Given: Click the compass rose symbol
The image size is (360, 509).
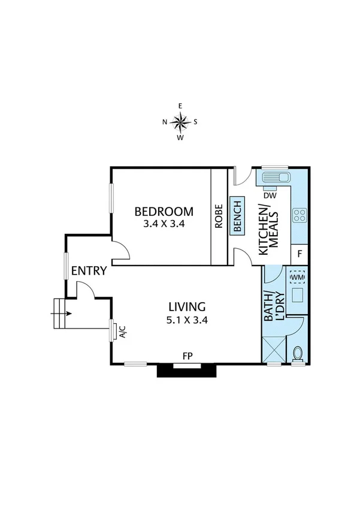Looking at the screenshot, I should (x=180, y=121).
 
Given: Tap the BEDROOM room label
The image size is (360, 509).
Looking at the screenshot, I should (x=164, y=212).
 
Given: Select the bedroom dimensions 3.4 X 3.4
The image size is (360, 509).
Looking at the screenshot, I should (x=164, y=225).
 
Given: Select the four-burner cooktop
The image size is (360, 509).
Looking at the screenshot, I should (x=300, y=215).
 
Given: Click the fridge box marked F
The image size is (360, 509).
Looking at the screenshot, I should (x=300, y=254).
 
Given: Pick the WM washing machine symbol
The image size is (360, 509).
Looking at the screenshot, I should (x=298, y=278).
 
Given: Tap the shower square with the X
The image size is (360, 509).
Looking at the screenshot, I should (x=274, y=348).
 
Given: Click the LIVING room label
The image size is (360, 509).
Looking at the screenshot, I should (x=187, y=306).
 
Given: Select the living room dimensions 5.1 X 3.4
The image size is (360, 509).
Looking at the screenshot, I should (x=187, y=320).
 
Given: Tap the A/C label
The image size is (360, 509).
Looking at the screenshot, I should (x=122, y=331).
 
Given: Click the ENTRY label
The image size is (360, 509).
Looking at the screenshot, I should (x=89, y=270).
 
